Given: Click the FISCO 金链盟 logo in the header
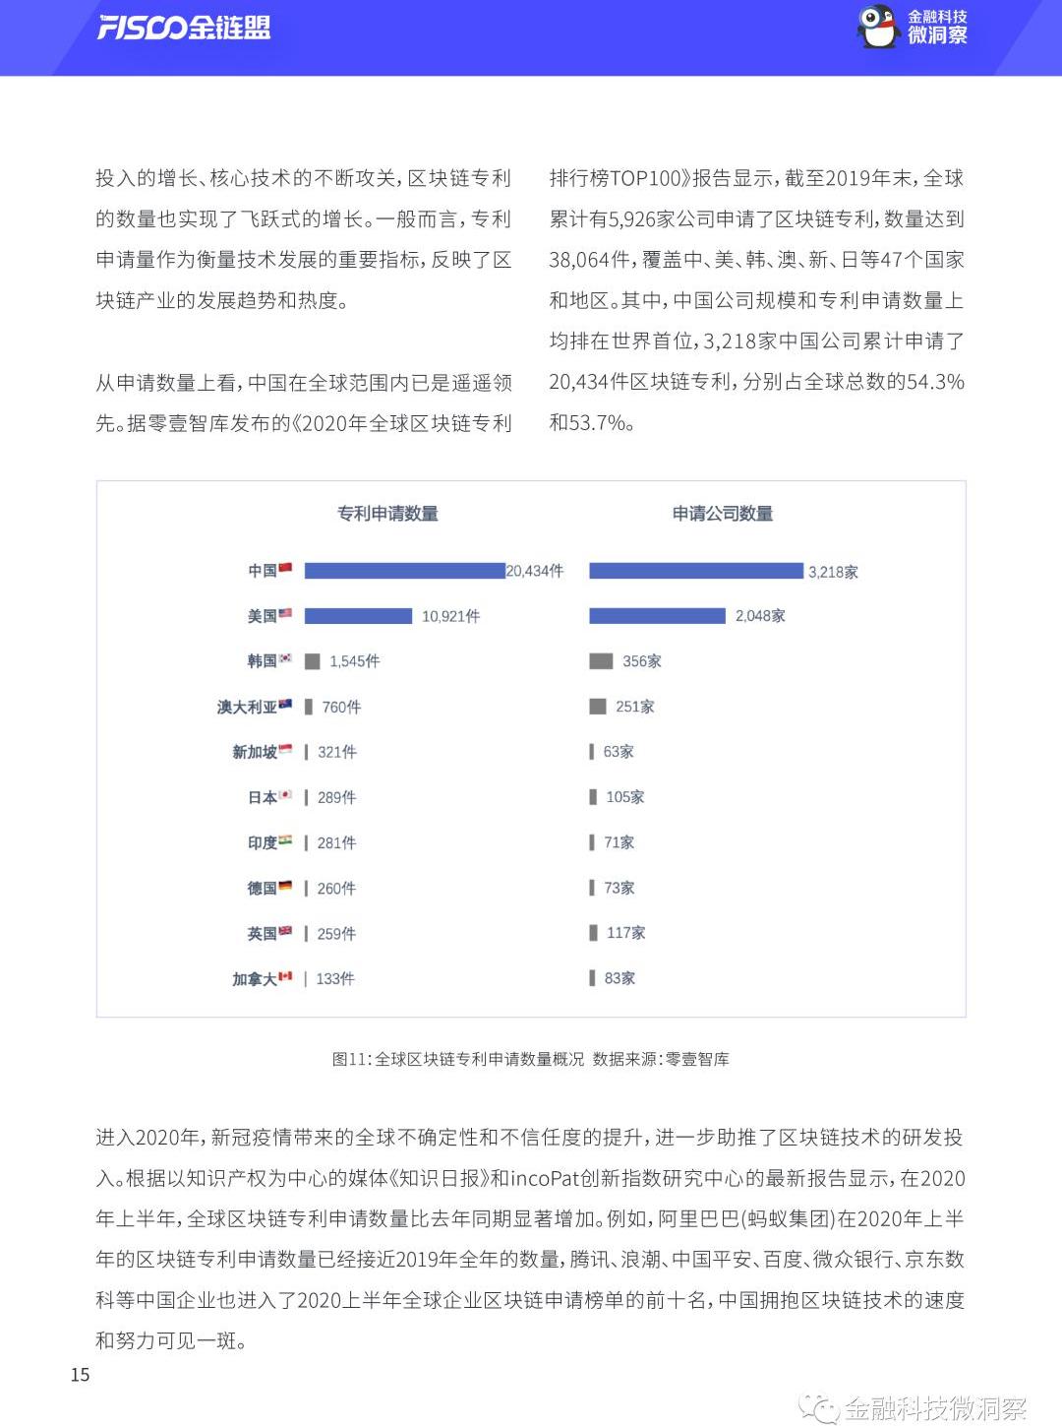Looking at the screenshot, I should click(x=184, y=28).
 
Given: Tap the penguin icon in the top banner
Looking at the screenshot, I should click(x=878, y=27).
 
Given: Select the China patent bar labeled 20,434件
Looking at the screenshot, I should click(x=404, y=571).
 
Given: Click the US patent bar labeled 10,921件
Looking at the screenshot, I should click(x=358, y=616).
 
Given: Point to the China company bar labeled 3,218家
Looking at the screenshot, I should click(x=695, y=571).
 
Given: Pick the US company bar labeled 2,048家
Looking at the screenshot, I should click(x=657, y=616).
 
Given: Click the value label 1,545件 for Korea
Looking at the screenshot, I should click(x=354, y=661).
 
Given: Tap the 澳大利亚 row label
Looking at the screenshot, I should click(x=247, y=707).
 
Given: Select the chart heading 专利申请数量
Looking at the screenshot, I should click(x=387, y=514).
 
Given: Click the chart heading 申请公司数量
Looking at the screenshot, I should click(x=723, y=514).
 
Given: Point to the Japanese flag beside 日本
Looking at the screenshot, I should click(x=285, y=795).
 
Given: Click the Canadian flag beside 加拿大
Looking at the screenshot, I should click(x=285, y=976).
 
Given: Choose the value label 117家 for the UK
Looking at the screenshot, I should click(x=625, y=933).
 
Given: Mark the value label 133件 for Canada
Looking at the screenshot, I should click(x=335, y=979).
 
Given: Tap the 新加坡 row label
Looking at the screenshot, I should click(x=254, y=752).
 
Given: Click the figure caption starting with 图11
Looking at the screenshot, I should click(x=530, y=1059).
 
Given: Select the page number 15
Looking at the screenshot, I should click(x=81, y=1375).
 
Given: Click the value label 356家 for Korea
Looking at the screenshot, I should click(x=641, y=661).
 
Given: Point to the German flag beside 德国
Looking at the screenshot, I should click(x=285, y=886).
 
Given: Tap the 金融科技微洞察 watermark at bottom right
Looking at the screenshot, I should click(x=933, y=1407).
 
